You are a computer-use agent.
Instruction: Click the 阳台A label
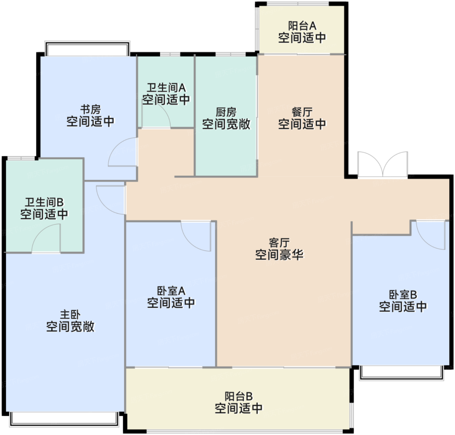pyautogui.click(x=302, y=26)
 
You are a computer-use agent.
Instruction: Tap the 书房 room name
pyautogui.click(x=90, y=109)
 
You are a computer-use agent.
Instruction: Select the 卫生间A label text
pyautogui.click(x=166, y=88)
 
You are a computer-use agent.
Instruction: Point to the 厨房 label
pyautogui.click(x=226, y=112)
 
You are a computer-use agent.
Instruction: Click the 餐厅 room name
pyautogui.click(x=302, y=112)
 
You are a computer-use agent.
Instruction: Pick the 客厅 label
pyautogui.click(x=279, y=243)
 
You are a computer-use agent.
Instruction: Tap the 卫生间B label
pyautogui.click(x=44, y=202)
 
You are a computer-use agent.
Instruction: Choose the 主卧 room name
pyautogui.click(x=71, y=315)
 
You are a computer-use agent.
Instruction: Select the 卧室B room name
pyautogui.click(x=403, y=295)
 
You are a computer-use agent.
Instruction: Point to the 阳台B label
pyautogui.click(x=239, y=396)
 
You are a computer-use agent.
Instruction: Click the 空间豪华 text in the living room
pyautogui.click(x=279, y=255)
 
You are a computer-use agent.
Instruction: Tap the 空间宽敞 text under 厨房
pyautogui.click(x=226, y=124)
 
